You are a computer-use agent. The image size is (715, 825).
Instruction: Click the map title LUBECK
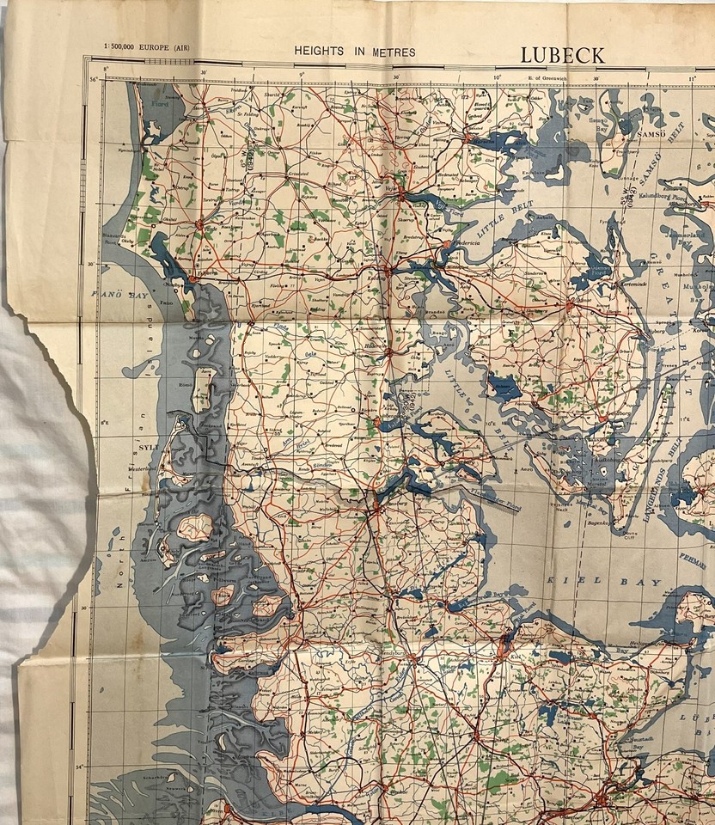pos(562,54)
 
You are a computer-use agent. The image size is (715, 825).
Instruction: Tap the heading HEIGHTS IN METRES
pos(355,52)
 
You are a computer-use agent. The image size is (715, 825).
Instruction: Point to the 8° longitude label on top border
pos(106,70)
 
